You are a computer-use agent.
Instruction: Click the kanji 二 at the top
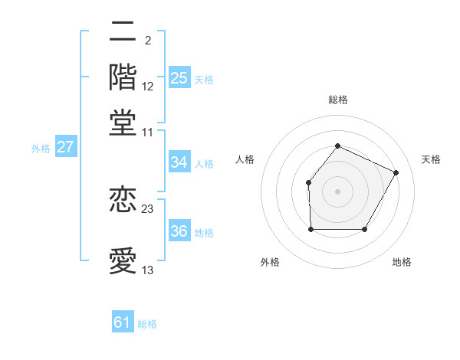coord(123,32)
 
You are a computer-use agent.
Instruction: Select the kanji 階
coord(123,77)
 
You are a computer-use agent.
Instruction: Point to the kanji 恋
coord(123,200)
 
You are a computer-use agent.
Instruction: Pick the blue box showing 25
coord(179,78)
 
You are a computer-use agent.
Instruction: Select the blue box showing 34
coord(179,162)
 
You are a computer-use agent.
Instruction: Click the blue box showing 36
coord(179,232)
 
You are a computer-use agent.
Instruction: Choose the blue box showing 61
coord(123,322)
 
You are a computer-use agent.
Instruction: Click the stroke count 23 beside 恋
coord(148,209)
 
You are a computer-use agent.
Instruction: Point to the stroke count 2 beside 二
coord(147,41)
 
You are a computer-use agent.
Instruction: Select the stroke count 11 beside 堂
coord(148,132)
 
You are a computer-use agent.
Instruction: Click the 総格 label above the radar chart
coord(337,100)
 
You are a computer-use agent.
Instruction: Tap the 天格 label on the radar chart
coord(431,159)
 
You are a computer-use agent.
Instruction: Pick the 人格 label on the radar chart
coord(245,159)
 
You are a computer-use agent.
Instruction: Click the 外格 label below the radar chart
coord(270,263)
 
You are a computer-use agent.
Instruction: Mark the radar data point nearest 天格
coord(396,172)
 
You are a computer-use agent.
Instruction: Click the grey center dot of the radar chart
coord(337,191)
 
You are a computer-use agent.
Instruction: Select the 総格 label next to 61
coord(147,324)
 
